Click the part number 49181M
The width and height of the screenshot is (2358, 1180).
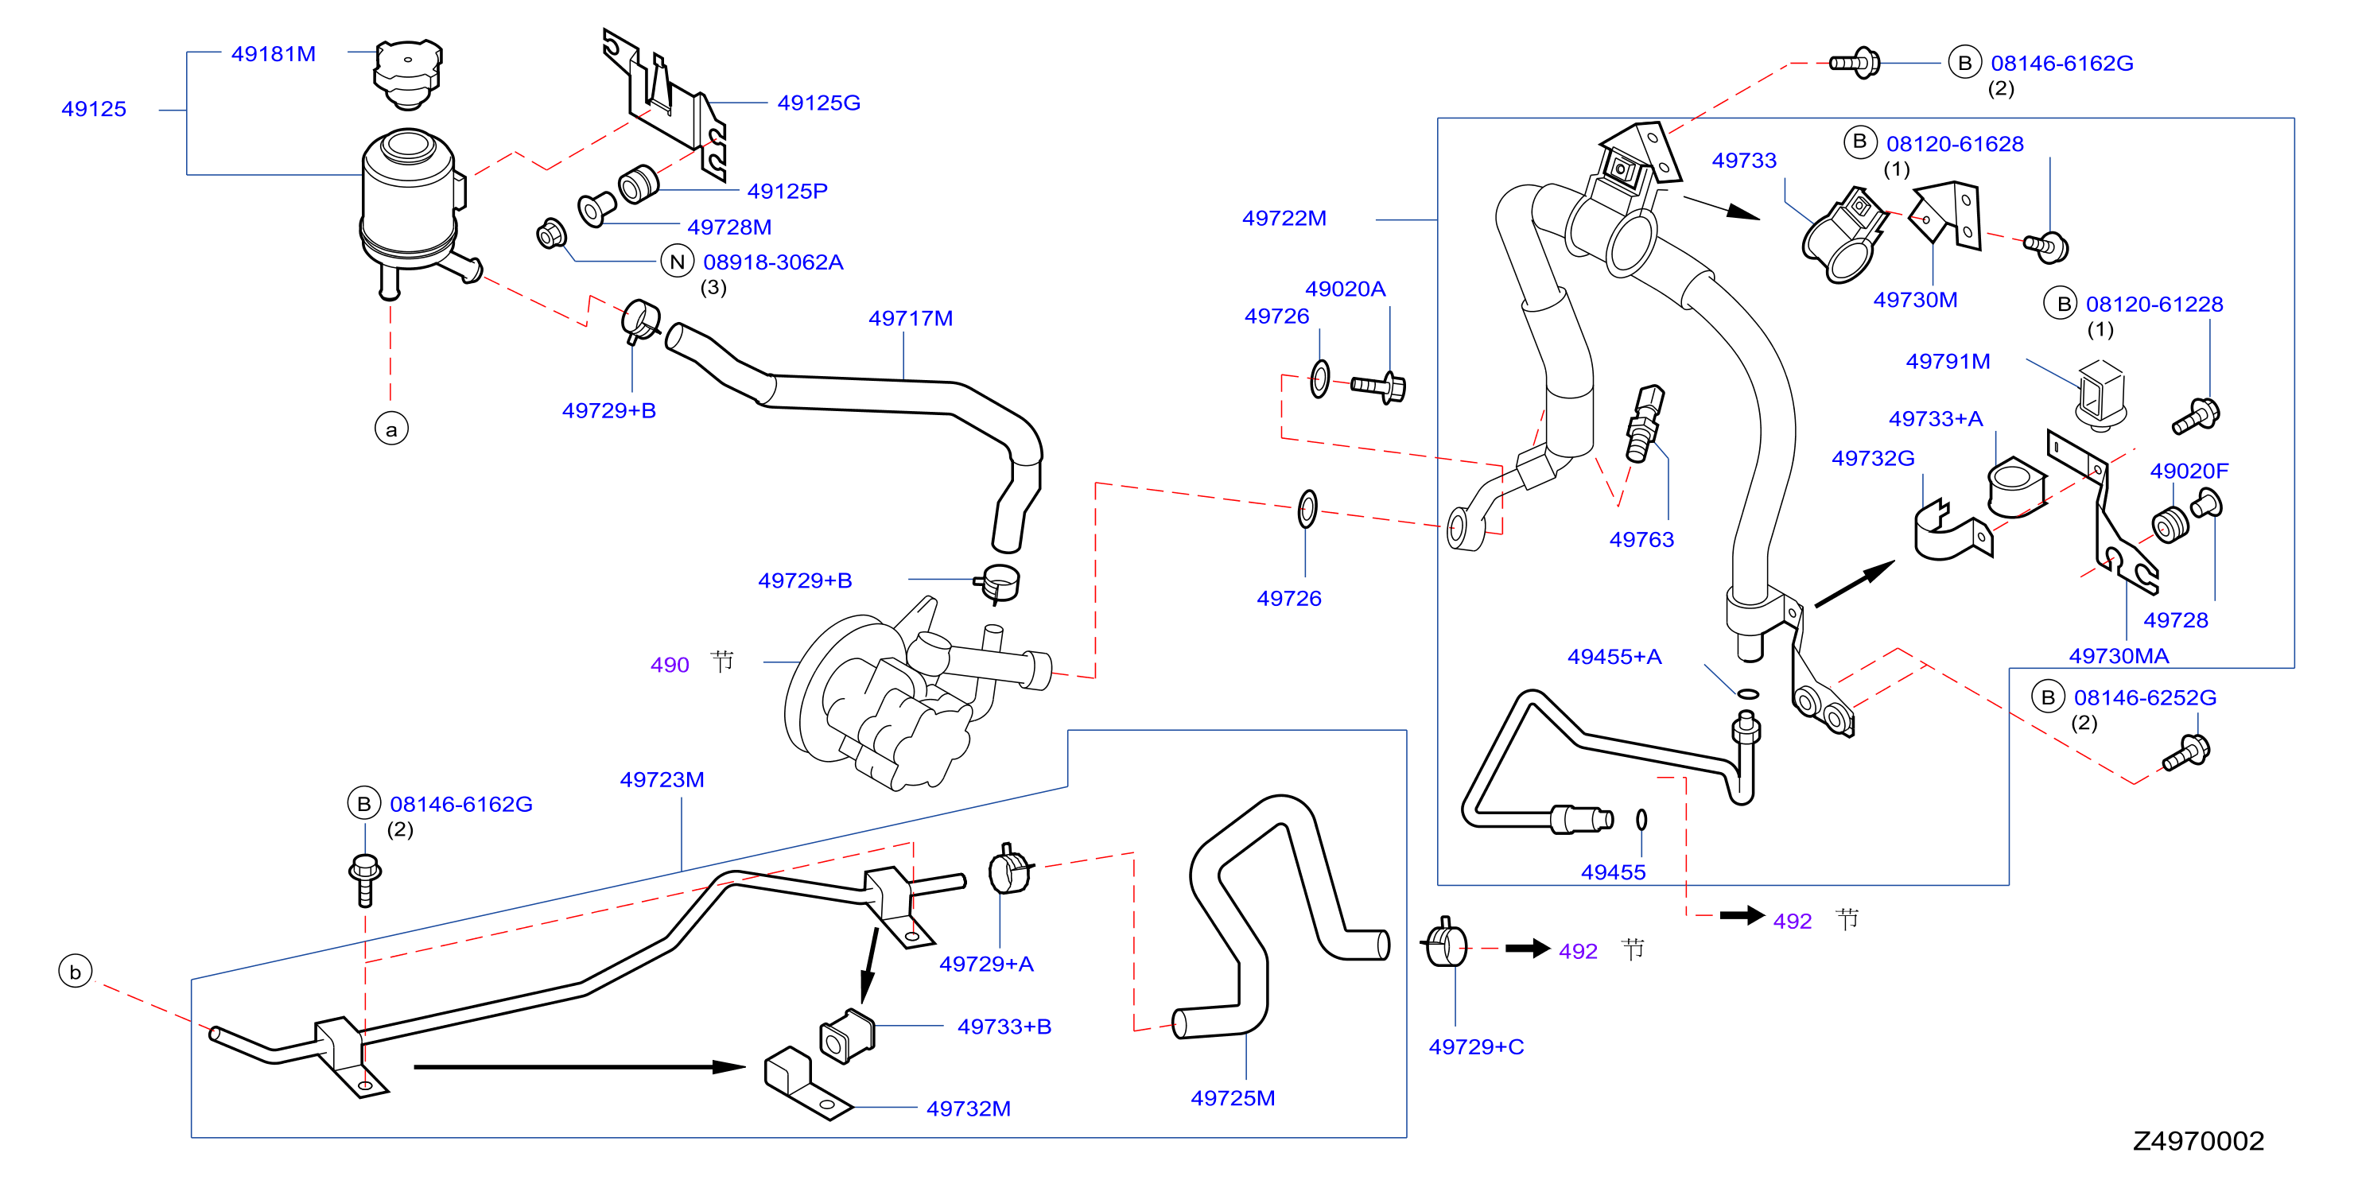coord(273,54)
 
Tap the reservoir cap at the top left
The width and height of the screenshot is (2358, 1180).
coord(407,72)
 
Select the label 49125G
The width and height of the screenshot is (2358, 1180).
coord(818,103)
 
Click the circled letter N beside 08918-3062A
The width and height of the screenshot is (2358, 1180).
coord(678,262)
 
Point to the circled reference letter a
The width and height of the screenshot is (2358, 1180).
coord(392,429)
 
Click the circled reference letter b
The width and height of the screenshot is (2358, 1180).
coord(75,972)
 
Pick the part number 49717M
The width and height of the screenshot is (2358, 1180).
coord(910,319)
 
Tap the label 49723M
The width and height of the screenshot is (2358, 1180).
coord(662,780)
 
